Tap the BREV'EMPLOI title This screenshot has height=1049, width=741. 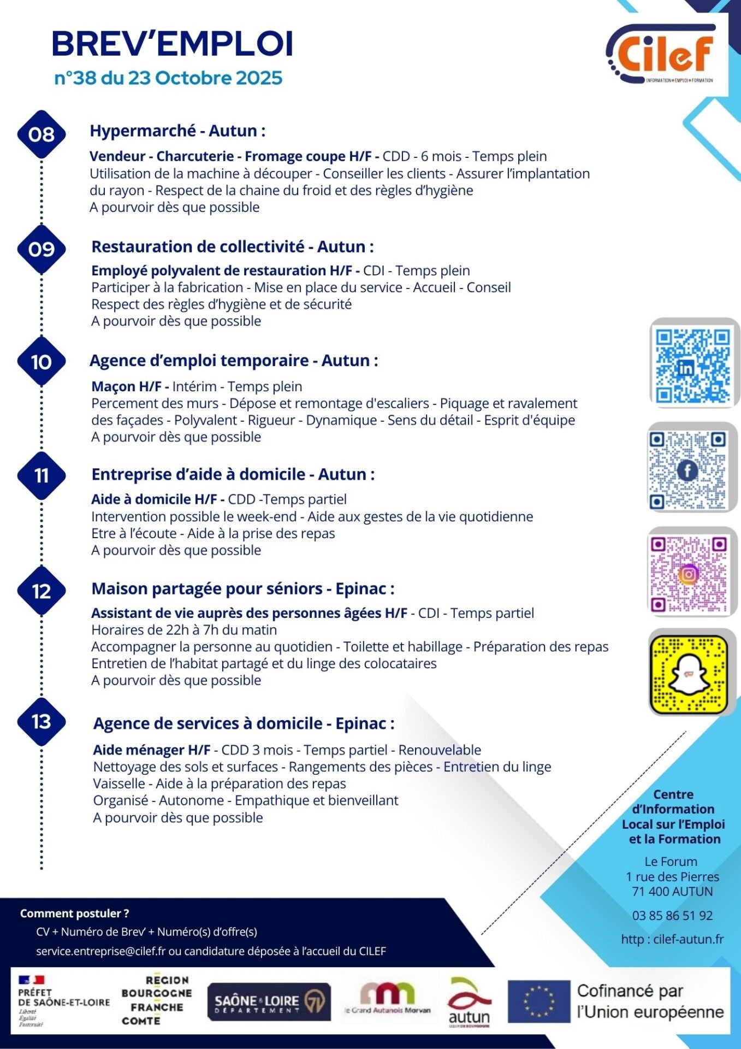(x=172, y=44)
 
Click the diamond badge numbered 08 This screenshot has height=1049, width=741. (x=42, y=134)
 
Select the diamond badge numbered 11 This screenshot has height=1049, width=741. (x=42, y=476)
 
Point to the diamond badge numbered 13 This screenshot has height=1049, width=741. (x=42, y=722)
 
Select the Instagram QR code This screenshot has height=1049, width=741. (x=689, y=574)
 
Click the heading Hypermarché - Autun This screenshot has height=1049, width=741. (x=177, y=131)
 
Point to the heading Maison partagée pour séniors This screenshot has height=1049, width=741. (x=242, y=589)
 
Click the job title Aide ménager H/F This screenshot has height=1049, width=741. (x=152, y=750)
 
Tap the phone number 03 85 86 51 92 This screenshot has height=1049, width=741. (x=672, y=916)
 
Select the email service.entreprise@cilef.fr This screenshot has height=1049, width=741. (x=100, y=951)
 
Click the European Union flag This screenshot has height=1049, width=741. (x=538, y=1002)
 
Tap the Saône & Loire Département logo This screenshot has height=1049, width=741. (x=269, y=1002)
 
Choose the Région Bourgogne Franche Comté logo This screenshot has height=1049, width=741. (x=156, y=1000)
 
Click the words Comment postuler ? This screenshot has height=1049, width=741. (x=74, y=913)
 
